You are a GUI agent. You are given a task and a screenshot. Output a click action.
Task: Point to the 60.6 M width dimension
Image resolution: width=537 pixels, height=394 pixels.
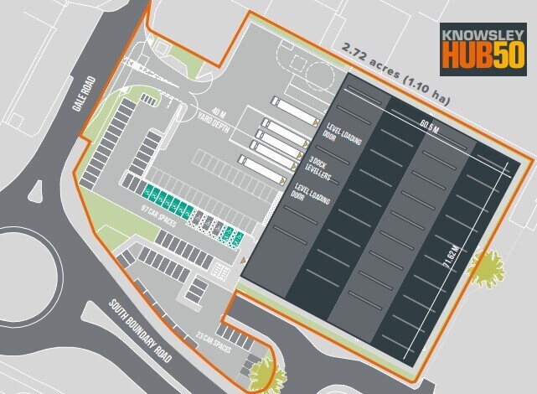coord(430,126)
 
